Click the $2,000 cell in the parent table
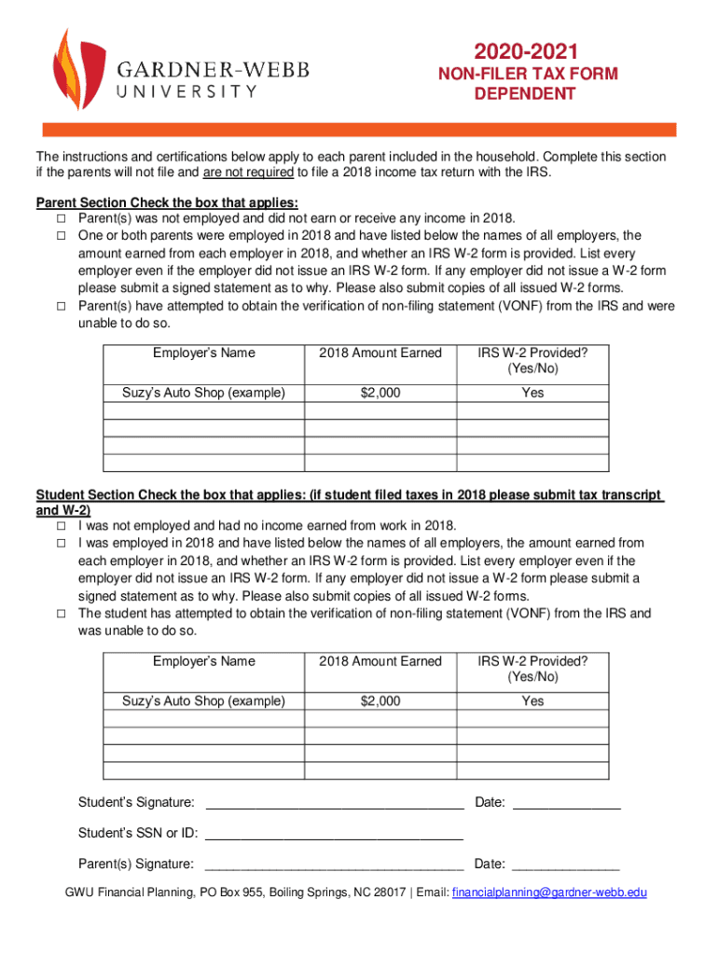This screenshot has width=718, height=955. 380,393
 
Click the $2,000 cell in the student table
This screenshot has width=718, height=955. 380,700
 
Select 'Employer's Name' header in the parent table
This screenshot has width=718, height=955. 204,353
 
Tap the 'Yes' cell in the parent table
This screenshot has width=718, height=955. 532,393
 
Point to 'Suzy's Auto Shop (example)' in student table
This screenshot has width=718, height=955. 204,700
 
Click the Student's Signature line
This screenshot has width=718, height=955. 334,804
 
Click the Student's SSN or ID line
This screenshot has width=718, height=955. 334,835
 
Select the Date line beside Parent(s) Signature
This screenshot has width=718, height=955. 566,865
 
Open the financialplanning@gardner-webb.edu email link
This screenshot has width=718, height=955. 549,893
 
